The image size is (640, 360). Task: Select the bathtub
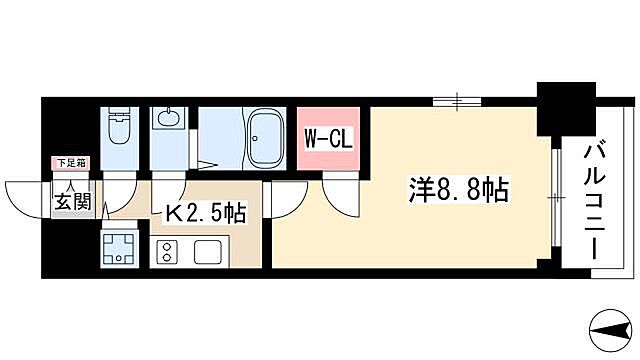267,139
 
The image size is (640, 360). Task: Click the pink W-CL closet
327,138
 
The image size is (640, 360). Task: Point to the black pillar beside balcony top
559,107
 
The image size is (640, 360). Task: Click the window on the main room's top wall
456,100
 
